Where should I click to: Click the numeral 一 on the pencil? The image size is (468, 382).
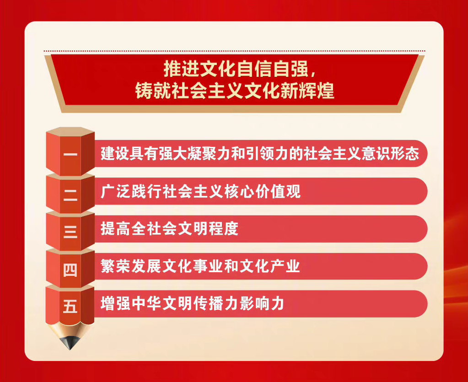tap(70, 155)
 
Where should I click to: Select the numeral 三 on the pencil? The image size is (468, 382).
tap(70, 231)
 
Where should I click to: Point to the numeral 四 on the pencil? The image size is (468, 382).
tap(70, 270)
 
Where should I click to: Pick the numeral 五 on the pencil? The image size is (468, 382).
tap(70, 306)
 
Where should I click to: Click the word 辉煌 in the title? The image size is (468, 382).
tap(317, 91)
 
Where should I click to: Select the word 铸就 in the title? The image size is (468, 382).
tap(153, 91)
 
